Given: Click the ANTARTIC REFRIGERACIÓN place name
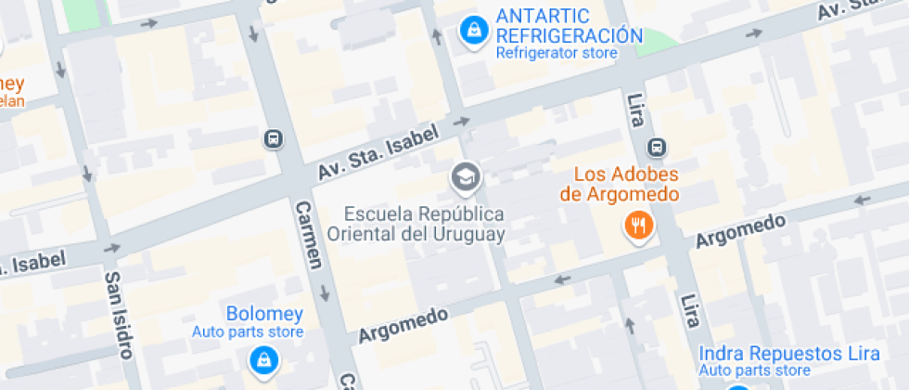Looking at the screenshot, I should [570, 26].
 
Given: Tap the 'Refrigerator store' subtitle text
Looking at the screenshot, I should [556, 53].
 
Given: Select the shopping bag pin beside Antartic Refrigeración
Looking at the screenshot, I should [474, 31].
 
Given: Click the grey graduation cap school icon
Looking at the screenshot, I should [464, 175].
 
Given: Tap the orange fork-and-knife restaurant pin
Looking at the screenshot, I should [638, 225].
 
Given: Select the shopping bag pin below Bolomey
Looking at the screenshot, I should [263, 359].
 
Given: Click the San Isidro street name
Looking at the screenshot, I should [119, 314].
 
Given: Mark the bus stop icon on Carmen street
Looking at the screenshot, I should [274, 139].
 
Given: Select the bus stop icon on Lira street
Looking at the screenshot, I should [657, 147].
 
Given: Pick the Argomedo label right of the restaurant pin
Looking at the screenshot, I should [740, 230].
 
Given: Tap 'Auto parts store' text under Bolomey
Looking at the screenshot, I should [248, 331].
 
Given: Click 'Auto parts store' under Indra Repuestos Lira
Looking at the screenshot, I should [755, 370].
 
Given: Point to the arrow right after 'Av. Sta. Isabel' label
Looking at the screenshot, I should [461, 121].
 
